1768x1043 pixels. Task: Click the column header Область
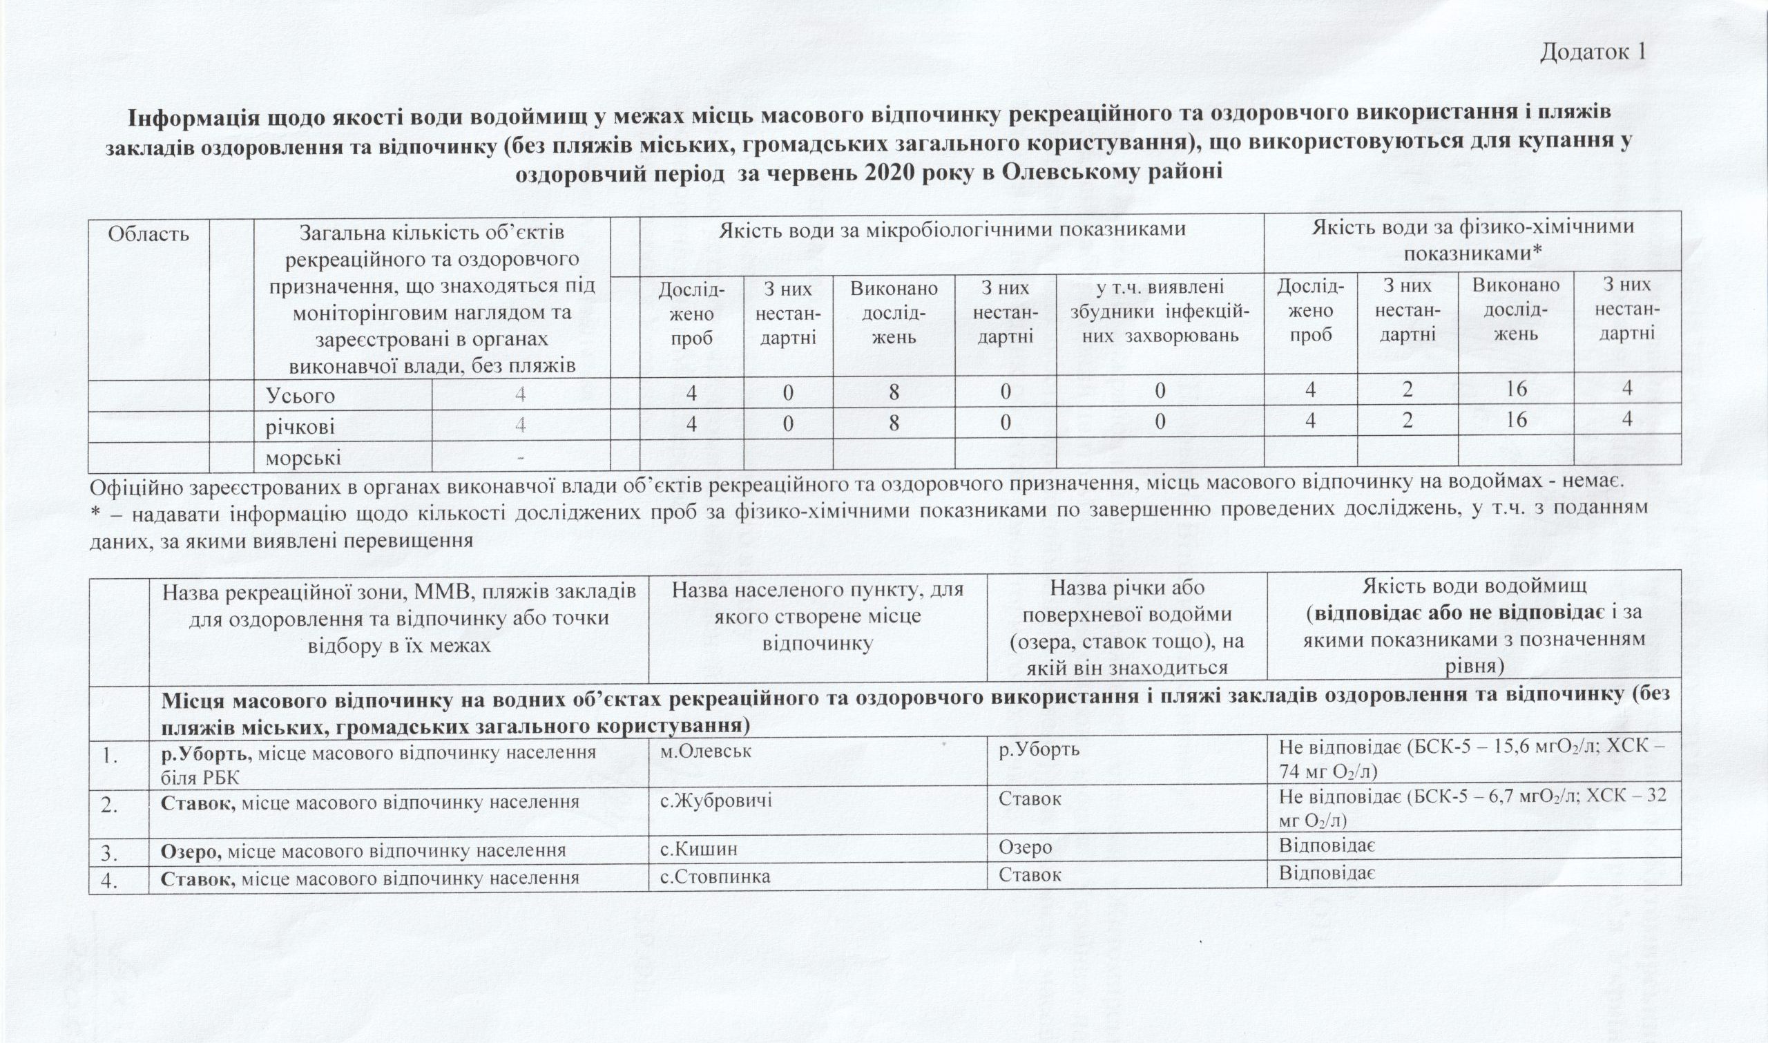click(148, 233)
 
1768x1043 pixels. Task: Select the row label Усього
click(300, 396)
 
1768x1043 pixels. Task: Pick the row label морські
click(303, 457)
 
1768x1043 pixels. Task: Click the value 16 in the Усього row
click(1516, 390)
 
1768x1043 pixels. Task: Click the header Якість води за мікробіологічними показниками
click(952, 229)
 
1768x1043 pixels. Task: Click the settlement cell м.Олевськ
click(707, 751)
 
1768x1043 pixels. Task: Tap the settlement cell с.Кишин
click(698, 848)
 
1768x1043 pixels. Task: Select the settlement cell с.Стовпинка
click(715, 877)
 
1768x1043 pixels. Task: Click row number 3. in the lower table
click(110, 852)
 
